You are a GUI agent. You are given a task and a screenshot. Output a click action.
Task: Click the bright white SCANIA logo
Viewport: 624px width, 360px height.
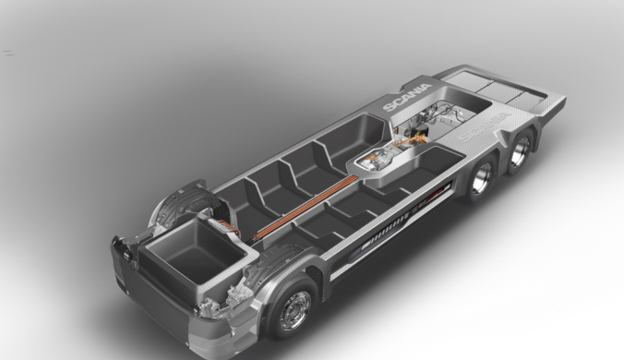click(x=407, y=97)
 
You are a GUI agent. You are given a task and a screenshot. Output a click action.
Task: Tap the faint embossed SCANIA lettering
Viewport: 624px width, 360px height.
click(x=485, y=126)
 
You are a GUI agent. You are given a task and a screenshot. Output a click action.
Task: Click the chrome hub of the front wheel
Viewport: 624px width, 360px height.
click(x=294, y=310)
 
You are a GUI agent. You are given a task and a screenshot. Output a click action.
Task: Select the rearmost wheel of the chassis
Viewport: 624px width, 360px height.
click(x=521, y=150)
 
